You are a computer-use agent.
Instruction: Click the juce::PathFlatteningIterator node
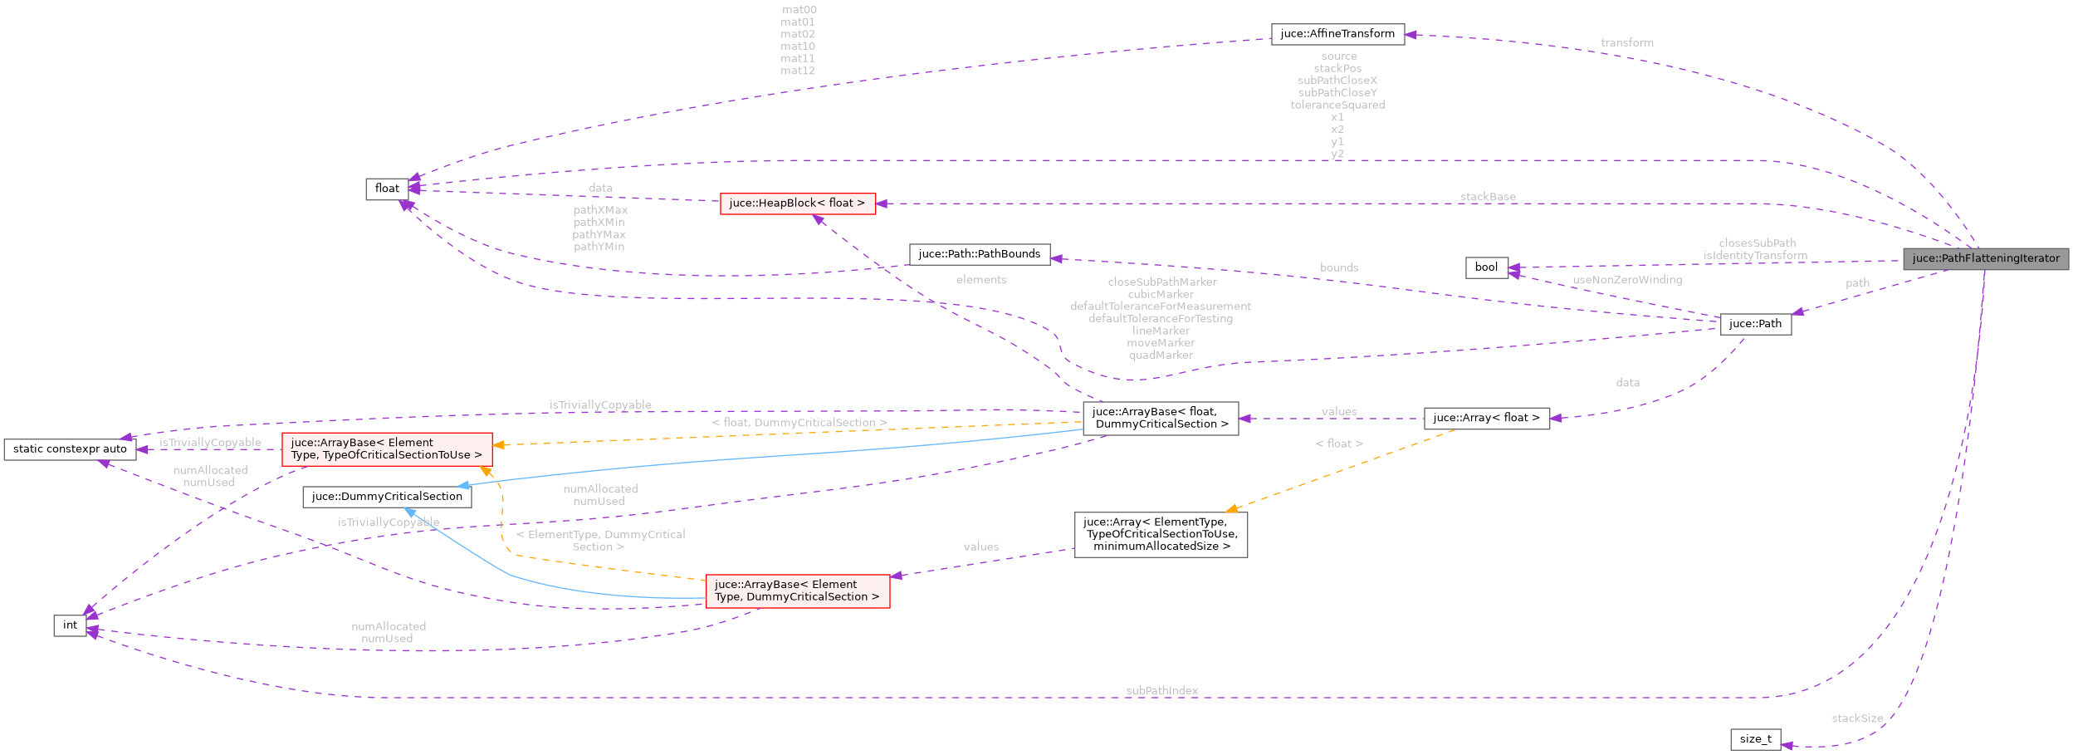(x=1985, y=258)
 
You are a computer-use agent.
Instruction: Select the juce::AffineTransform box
(x=1337, y=34)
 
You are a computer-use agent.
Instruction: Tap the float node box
(x=387, y=189)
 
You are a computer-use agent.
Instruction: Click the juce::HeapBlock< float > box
(x=797, y=203)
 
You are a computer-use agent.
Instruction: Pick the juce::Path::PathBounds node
(x=979, y=254)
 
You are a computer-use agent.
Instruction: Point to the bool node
(x=1486, y=267)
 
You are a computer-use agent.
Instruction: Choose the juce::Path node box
(x=1755, y=324)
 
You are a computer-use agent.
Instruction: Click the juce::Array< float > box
(x=1486, y=418)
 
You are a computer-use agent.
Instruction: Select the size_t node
(x=1755, y=739)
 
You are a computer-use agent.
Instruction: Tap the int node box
(x=70, y=625)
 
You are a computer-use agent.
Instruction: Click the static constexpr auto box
(x=70, y=449)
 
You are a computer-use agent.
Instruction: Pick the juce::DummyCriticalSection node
(x=387, y=497)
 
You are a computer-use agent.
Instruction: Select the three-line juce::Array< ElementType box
(x=1160, y=534)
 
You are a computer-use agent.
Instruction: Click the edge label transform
(x=1626, y=42)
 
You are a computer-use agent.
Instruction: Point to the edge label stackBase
(x=1487, y=197)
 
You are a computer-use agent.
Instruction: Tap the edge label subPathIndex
(x=1161, y=690)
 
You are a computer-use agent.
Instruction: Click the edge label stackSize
(x=1857, y=718)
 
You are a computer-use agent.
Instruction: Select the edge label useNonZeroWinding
(x=1626, y=280)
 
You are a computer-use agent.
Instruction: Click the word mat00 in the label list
(x=799, y=10)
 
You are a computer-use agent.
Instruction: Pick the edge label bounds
(x=1339, y=267)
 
